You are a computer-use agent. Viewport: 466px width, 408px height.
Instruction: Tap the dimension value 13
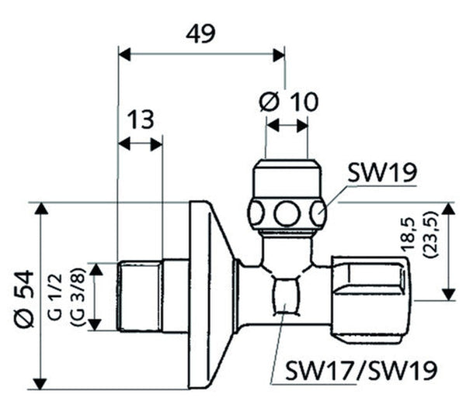tap(141, 120)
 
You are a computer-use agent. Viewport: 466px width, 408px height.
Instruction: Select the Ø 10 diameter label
tap(287, 101)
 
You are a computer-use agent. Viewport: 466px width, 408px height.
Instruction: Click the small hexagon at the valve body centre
tap(286, 295)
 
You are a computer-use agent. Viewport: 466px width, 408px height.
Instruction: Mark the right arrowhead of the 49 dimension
tap(279, 54)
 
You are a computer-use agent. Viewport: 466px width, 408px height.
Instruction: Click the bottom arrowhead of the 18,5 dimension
tap(448, 296)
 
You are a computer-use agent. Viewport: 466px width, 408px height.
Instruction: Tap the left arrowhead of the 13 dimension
tap(123, 143)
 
